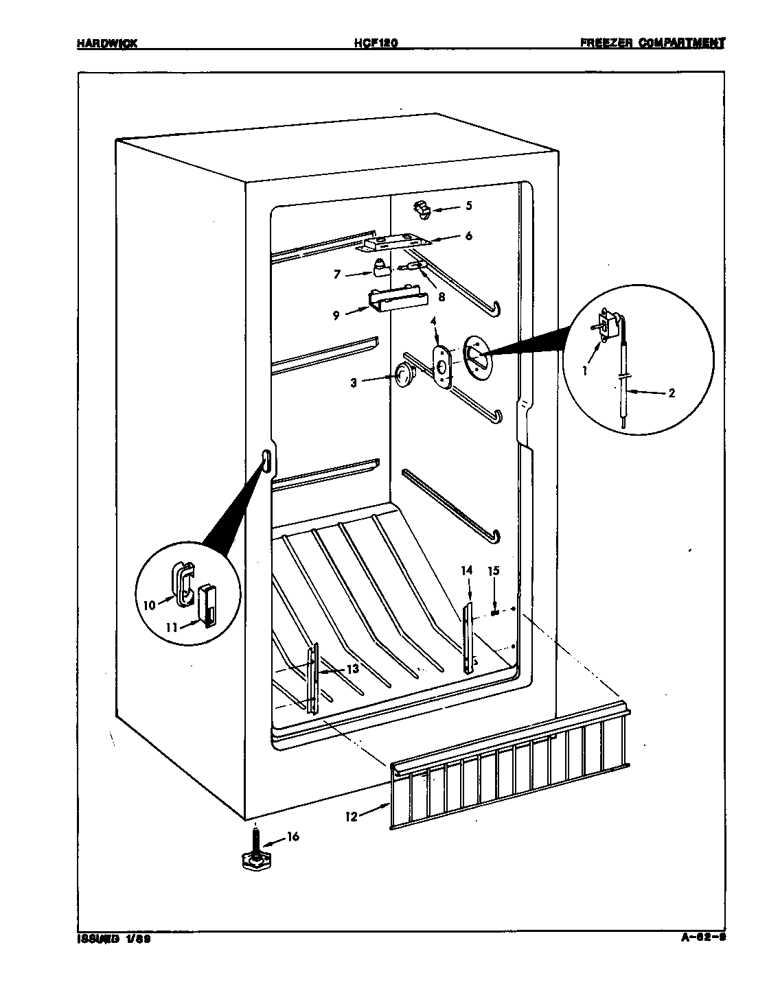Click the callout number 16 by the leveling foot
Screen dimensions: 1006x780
(293, 837)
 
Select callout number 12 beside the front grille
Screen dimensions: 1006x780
(352, 817)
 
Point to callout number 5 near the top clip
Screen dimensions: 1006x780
(469, 205)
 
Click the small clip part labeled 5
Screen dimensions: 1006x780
(422, 209)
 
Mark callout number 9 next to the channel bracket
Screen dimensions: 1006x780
(336, 316)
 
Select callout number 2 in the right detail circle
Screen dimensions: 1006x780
(671, 393)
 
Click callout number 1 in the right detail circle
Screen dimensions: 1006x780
(584, 371)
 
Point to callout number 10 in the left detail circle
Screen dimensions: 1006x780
(150, 605)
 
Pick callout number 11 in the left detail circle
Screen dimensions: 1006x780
(172, 627)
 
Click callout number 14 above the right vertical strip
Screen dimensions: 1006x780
(467, 570)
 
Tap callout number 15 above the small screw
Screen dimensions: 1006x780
(494, 570)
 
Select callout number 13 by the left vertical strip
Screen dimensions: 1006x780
(352, 669)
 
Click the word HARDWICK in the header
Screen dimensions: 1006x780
(107, 43)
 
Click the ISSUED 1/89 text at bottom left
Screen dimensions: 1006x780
(113, 939)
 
